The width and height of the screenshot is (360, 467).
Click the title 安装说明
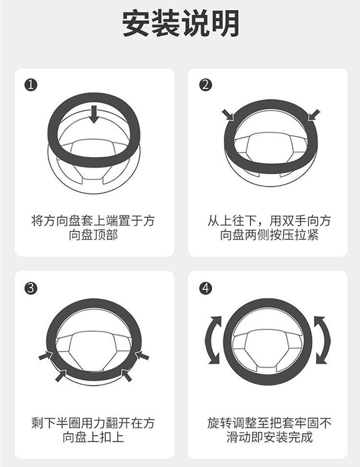pyautogui.click(x=180, y=24)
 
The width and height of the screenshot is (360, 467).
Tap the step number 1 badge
pyautogui.click(x=30, y=85)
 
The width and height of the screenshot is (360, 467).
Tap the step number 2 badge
pyautogui.click(x=205, y=85)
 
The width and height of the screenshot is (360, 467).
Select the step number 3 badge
pyautogui.click(x=30, y=288)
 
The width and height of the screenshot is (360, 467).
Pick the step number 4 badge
pyautogui.click(x=205, y=288)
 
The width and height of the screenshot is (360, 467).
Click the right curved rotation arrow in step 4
pyautogui.click(x=323, y=339)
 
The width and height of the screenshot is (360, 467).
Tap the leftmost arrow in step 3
pyautogui.click(x=46, y=356)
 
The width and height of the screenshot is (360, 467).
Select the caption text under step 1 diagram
pyautogui.click(x=93, y=228)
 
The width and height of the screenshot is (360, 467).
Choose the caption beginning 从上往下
pyautogui.click(x=269, y=228)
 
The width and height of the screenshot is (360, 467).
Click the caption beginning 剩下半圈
pyautogui.click(x=93, y=430)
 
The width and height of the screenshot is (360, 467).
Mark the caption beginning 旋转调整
pyautogui.click(x=269, y=430)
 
